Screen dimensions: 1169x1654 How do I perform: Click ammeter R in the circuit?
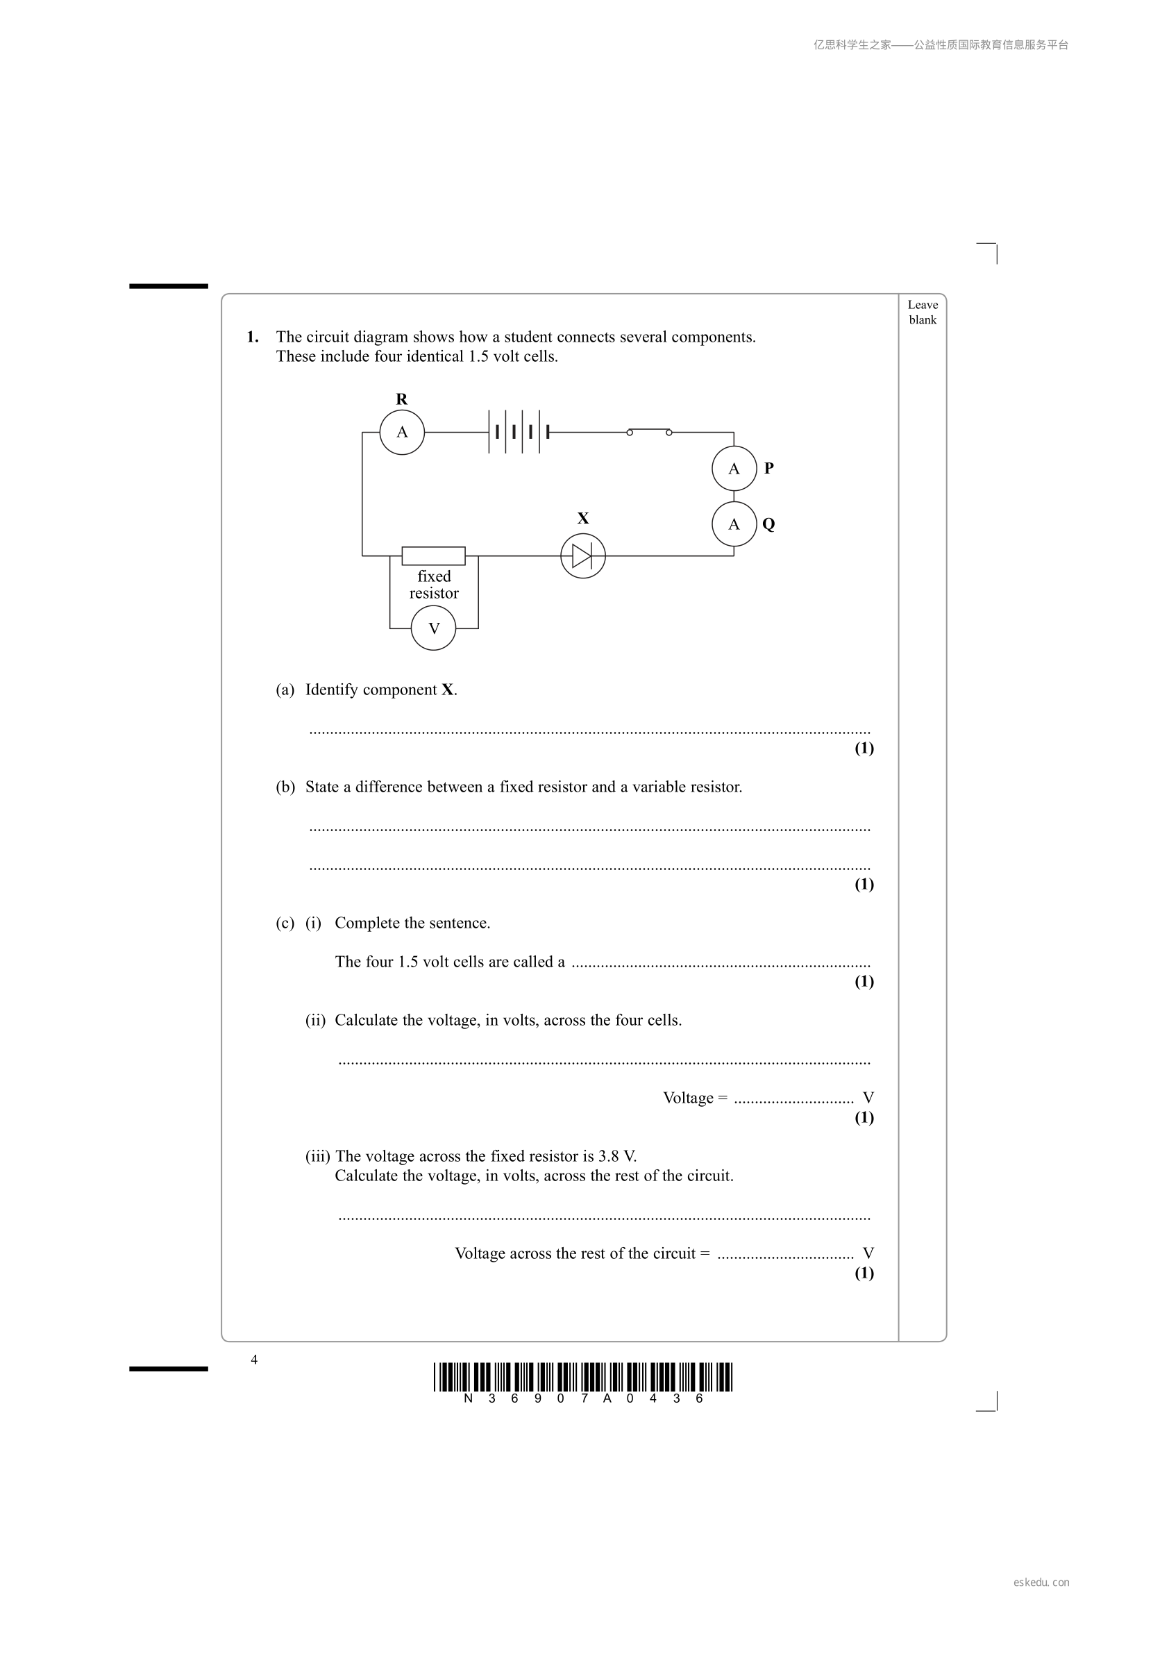pos(402,432)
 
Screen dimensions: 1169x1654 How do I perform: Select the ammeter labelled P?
pos(734,468)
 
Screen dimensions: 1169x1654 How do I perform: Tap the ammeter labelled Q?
pos(734,524)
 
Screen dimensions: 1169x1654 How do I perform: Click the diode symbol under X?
pos(582,556)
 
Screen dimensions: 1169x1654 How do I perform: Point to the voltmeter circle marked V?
pos(434,628)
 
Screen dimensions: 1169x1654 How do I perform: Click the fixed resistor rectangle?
pos(434,556)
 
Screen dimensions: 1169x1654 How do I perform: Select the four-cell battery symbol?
pos(519,432)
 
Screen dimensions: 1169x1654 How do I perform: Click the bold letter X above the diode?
pos(583,518)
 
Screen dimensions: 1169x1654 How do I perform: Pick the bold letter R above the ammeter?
pos(402,399)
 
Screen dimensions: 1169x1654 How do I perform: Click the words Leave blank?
pos(923,312)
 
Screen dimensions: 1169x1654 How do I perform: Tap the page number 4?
pos(254,1360)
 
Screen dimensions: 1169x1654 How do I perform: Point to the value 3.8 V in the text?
pos(618,1156)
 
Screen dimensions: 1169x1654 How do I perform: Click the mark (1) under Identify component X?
pos(864,748)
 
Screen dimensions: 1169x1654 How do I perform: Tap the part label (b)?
pos(285,787)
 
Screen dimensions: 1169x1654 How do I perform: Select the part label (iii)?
pos(318,1156)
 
